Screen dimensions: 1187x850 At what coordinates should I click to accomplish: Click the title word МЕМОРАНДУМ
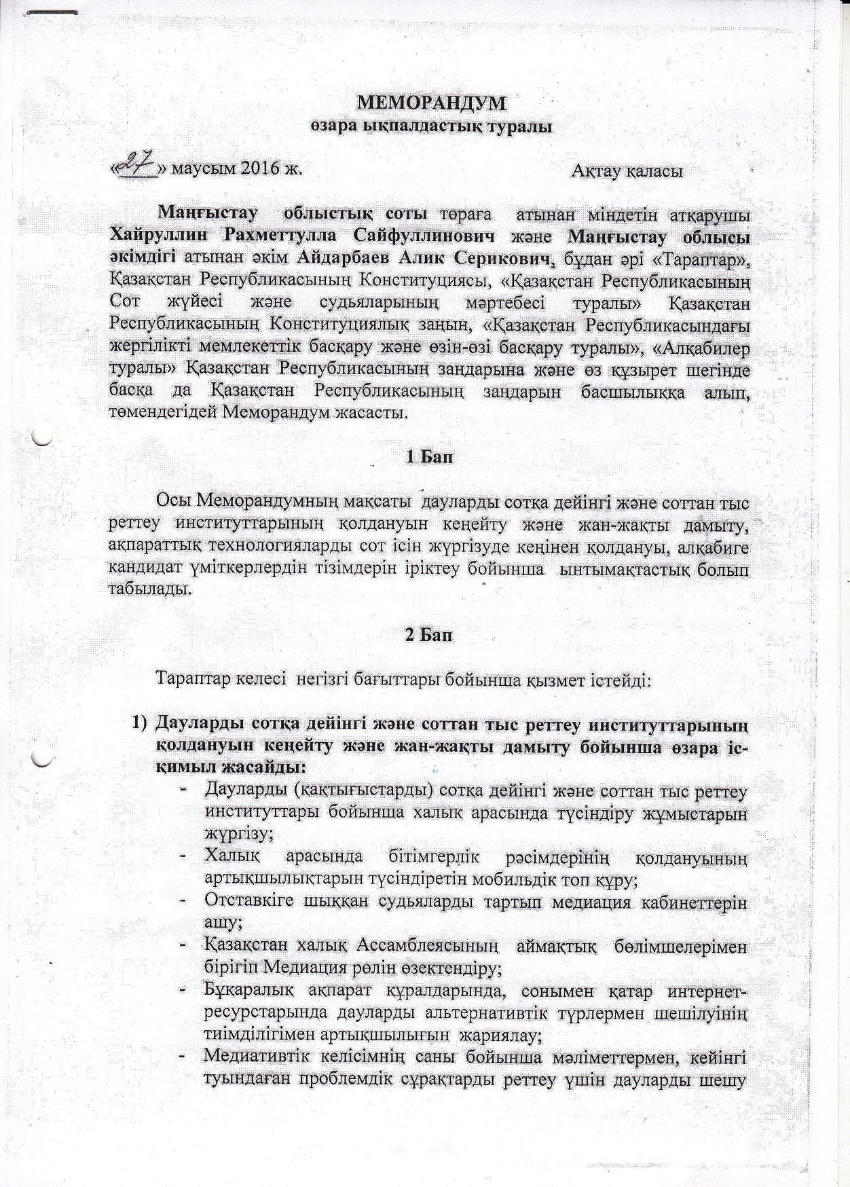click(432, 104)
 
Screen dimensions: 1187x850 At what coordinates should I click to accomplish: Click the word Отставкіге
click(248, 904)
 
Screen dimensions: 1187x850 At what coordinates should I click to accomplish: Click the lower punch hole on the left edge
click(42, 756)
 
